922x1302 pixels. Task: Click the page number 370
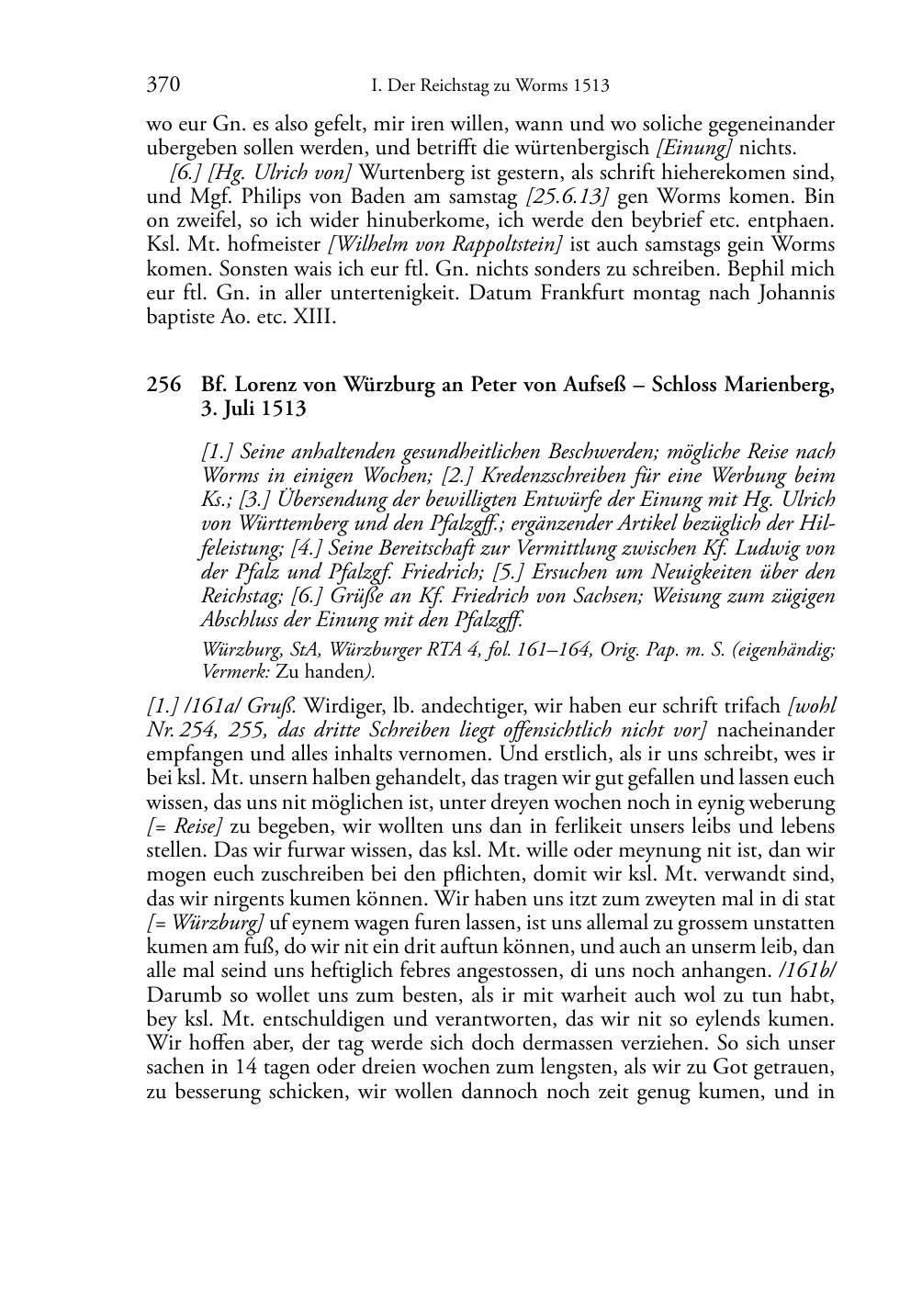[x=163, y=85]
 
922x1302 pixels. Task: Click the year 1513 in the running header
[x=590, y=86]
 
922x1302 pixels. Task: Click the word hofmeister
[x=279, y=244]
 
